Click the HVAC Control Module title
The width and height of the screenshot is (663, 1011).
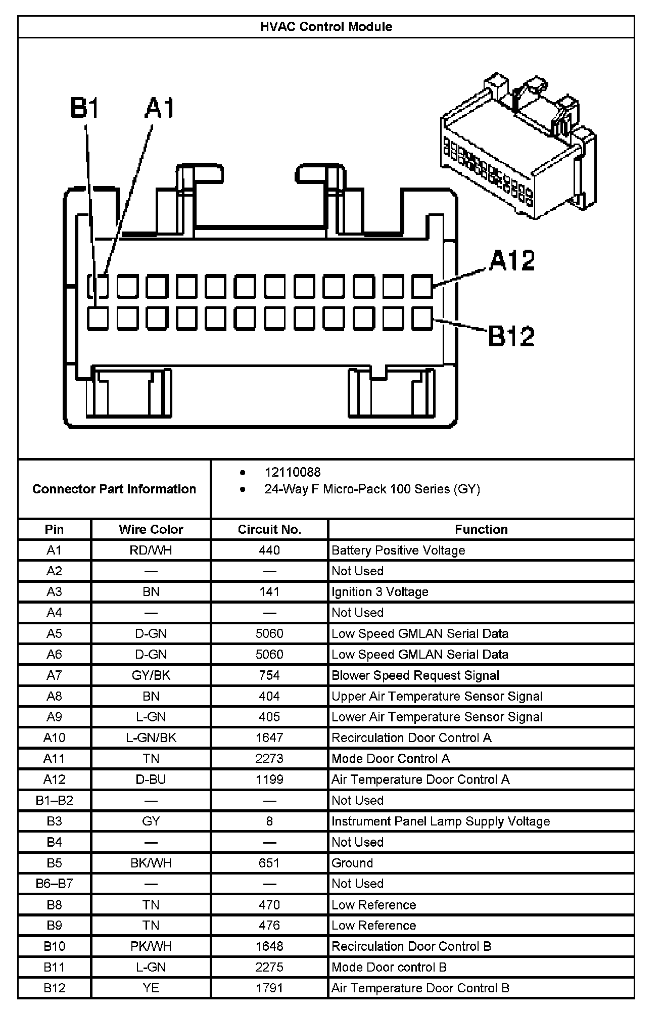[326, 27]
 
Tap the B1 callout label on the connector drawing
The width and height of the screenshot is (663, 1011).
[84, 108]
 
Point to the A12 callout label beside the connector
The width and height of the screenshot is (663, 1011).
[512, 261]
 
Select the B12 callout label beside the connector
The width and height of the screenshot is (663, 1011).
[511, 336]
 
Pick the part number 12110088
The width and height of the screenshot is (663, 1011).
[292, 472]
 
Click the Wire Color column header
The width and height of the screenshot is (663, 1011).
[151, 529]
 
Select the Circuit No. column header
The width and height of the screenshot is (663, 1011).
[269, 529]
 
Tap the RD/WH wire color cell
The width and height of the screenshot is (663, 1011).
[151, 550]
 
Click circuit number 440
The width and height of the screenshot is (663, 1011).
[269, 550]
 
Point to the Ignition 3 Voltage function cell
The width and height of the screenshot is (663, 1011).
[380, 591]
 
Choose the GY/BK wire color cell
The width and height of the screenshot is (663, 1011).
[151, 675]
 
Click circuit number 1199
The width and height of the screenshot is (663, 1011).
[269, 779]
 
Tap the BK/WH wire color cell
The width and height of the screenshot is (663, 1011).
[151, 863]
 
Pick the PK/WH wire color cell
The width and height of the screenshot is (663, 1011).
[151, 946]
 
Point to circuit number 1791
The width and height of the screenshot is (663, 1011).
[269, 988]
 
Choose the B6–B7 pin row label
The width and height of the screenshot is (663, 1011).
[54, 884]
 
